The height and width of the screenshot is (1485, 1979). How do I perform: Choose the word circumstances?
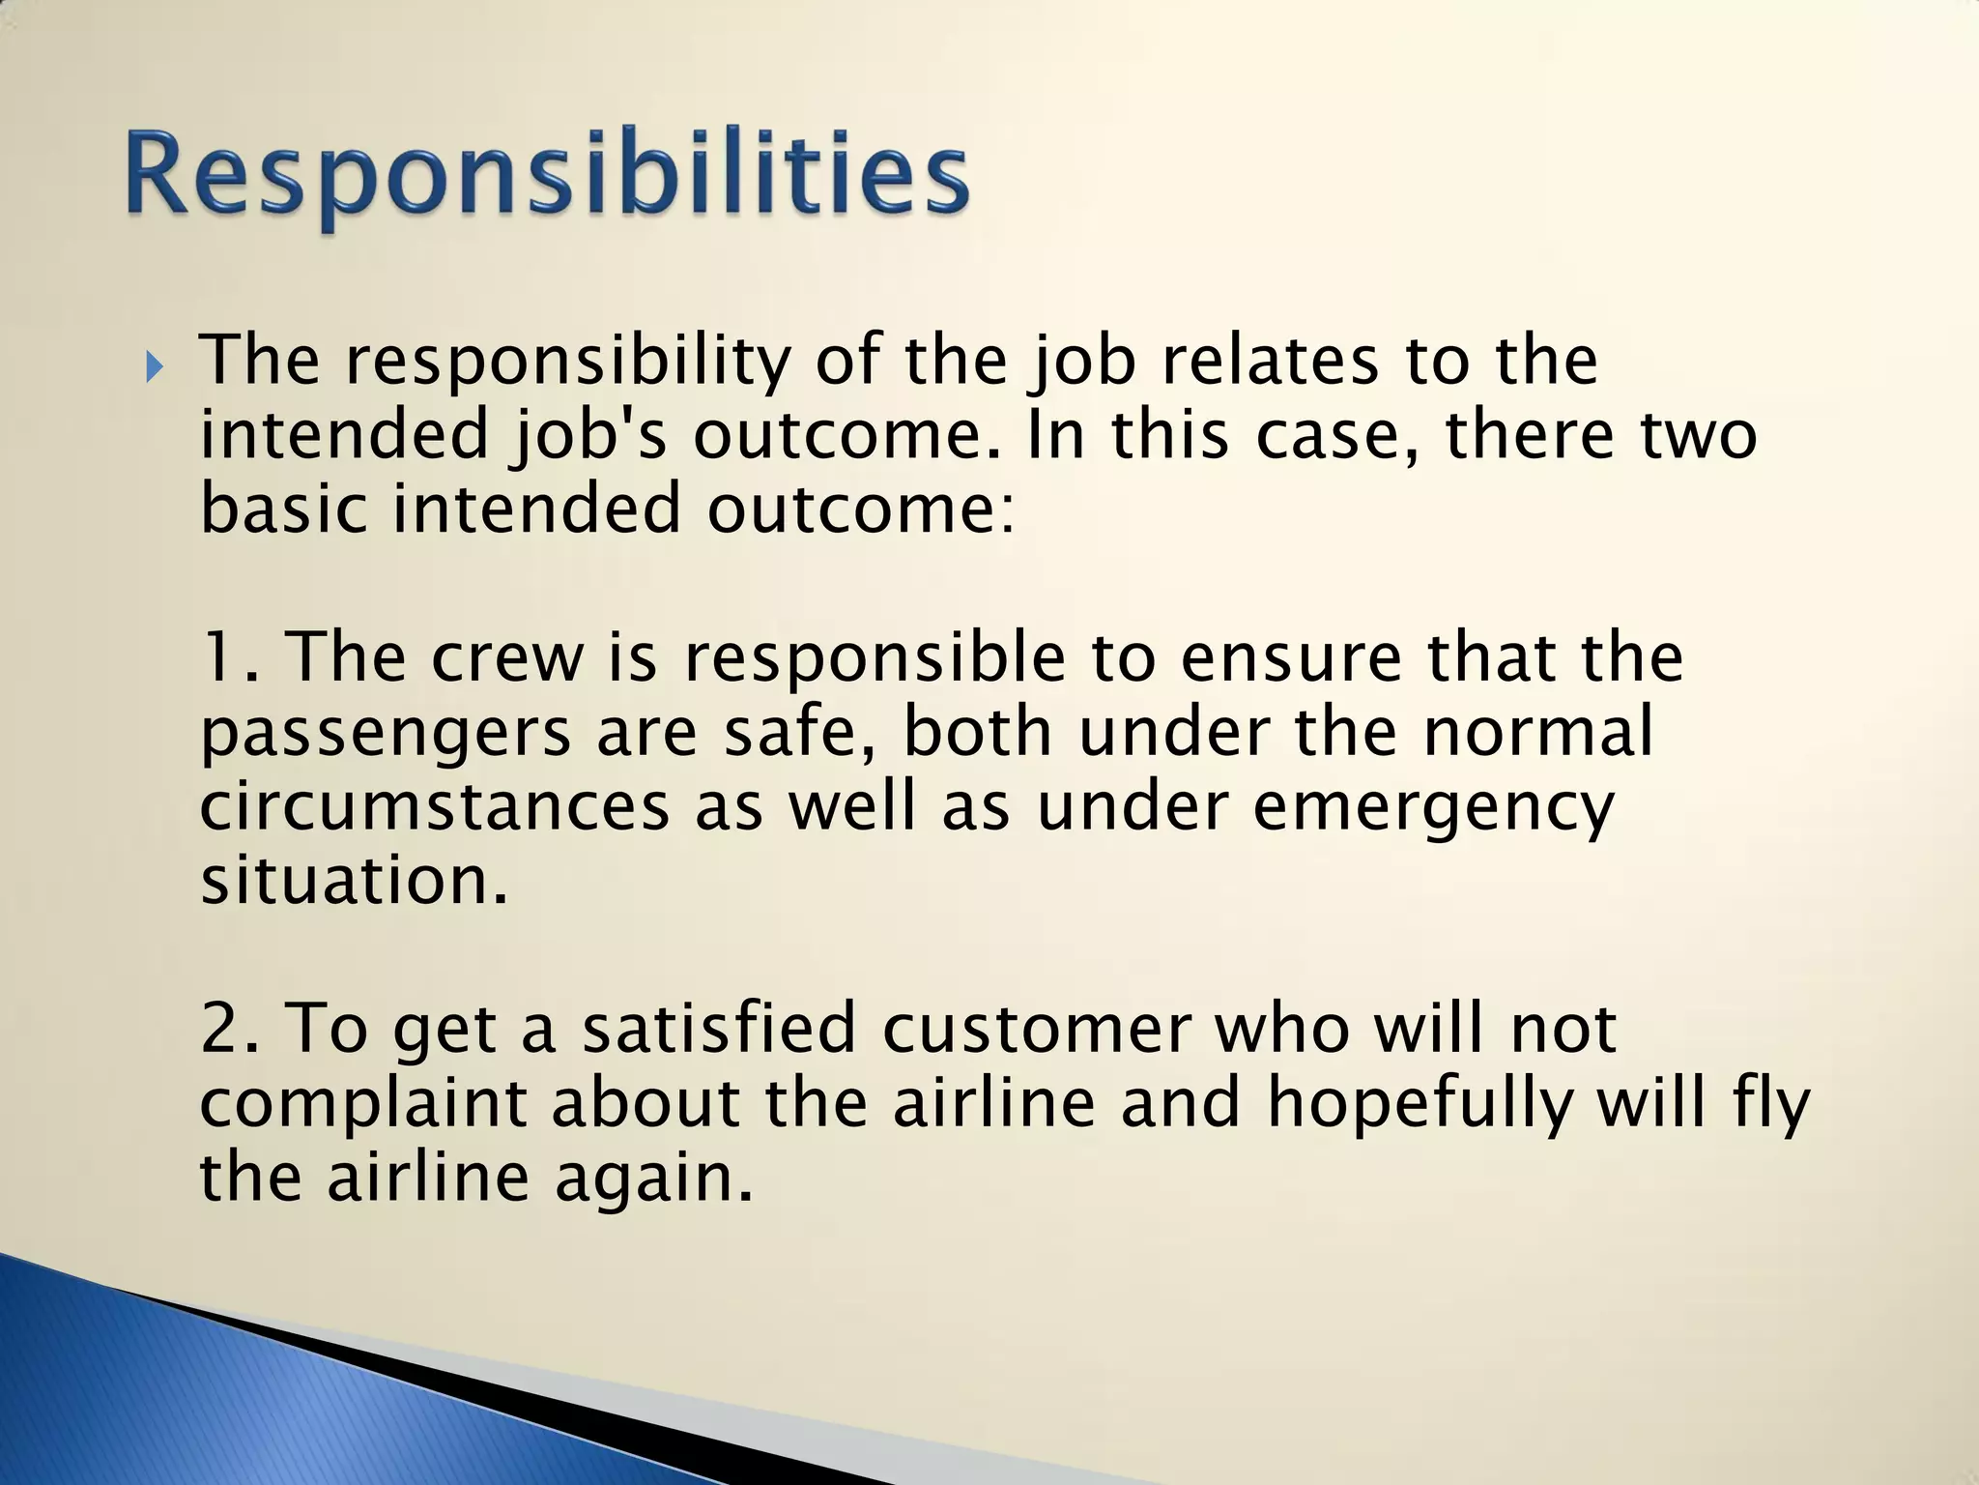click(434, 807)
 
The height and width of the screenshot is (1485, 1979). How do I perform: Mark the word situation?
click(354, 881)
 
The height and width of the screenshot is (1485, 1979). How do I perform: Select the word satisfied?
click(719, 1029)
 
